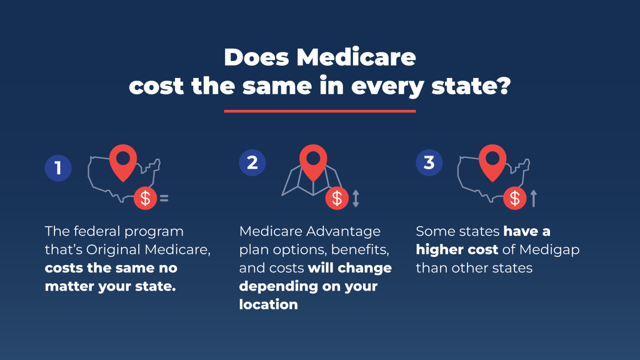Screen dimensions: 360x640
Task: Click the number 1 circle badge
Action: [58, 168]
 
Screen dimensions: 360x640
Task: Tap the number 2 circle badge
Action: [252, 162]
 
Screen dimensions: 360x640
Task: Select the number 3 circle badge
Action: [429, 162]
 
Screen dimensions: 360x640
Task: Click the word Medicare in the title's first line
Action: [356, 57]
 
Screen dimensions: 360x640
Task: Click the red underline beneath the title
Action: [320, 111]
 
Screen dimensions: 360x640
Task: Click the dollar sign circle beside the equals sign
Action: [145, 198]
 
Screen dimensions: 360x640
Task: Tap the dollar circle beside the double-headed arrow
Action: [337, 198]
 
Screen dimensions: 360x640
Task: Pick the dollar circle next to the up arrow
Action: [515, 198]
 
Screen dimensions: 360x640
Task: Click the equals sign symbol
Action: [164, 198]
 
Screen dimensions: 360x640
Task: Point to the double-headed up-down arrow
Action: [355, 198]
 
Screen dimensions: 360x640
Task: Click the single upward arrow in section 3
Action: [533, 198]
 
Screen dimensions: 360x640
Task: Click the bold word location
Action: [268, 305]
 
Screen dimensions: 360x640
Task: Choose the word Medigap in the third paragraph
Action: [550, 250]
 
